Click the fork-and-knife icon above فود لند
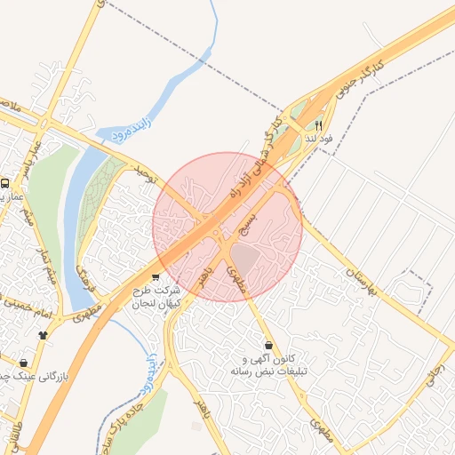tap(319, 126)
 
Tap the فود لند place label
tap(318, 139)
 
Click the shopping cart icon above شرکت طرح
tap(156, 277)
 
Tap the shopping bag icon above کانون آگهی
tap(268, 345)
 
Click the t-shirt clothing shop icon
tap(43, 335)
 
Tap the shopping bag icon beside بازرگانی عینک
tap(23, 363)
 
